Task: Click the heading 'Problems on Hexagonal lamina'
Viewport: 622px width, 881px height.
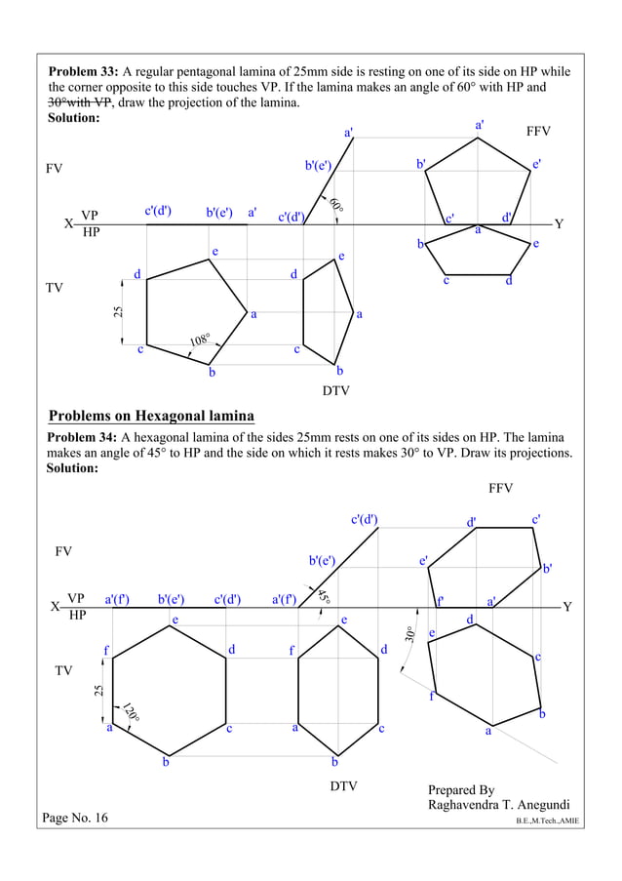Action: click(x=151, y=417)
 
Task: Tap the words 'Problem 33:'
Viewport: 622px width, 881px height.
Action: click(x=84, y=72)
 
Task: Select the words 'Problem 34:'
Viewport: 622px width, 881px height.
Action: click(x=83, y=437)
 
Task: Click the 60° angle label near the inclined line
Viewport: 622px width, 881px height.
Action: click(x=336, y=206)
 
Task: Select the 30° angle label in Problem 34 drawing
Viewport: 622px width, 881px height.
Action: click(x=410, y=632)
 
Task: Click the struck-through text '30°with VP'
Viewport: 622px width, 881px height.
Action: click(x=81, y=102)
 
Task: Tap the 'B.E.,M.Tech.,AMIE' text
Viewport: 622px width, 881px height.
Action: click(x=548, y=821)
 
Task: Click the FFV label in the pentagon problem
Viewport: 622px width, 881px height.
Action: click(x=538, y=131)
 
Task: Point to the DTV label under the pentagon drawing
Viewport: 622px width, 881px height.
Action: click(x=335, y=391)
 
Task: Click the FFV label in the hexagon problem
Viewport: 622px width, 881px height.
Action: click(x=500, y=488)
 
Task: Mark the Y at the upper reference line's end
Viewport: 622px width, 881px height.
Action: click(x=559, y=224)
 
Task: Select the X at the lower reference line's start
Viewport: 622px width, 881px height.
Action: click(x=55, y=607)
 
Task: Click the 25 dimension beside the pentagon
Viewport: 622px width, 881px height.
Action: click(x=117, y=312)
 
